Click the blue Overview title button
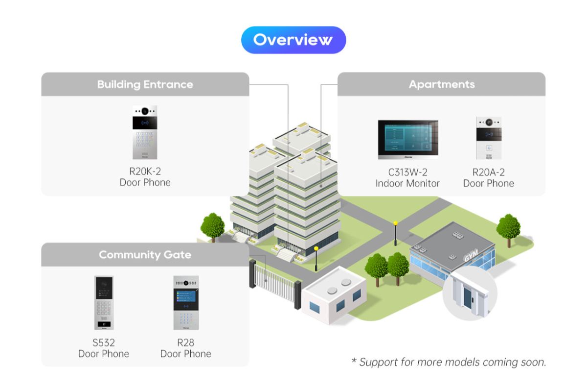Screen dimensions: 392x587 click(x=293, y=40)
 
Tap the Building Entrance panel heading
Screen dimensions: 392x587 click(x=145, y=84)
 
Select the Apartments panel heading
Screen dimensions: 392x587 click(x=441, y=84)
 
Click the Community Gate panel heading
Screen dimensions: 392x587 click(x=145, y=255)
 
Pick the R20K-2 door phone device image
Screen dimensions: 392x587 click(x=145, y=132)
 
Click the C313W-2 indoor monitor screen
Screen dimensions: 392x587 click(x=407, y=139)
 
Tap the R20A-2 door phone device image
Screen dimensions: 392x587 click(x=489, y=138)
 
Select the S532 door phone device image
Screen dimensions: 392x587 click(x=104, y=302)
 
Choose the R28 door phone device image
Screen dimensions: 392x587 click(x=186, y=302)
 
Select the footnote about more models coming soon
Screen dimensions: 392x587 click(x=449, y=362)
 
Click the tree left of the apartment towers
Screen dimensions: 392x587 click(x=212, y=226)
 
